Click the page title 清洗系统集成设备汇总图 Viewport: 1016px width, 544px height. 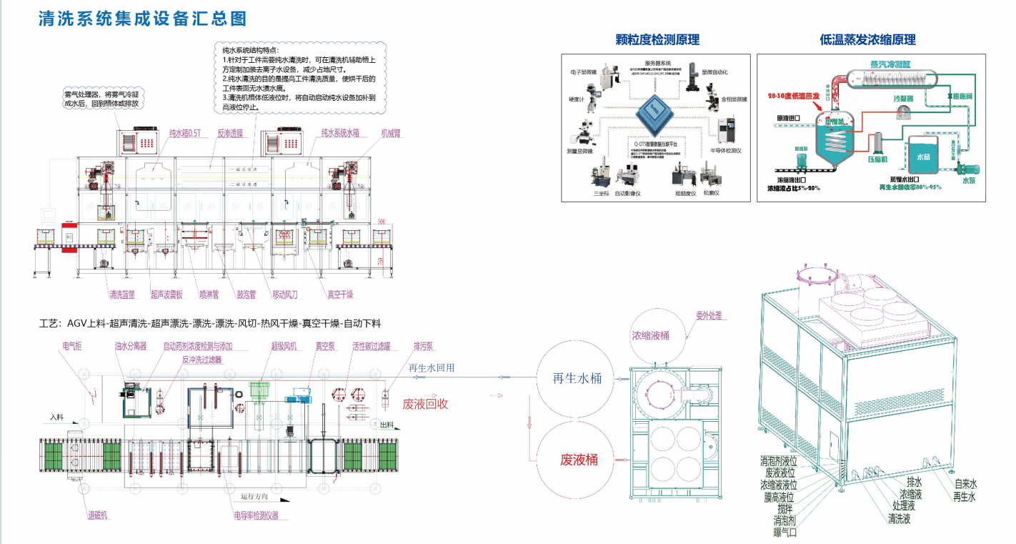click(x=143, y=18)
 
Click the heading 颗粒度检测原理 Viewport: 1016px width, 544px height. click(x=657, y=40)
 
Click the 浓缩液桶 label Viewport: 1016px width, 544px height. click(x=650, y=335)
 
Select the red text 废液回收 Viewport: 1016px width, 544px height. click(x=426, y=404)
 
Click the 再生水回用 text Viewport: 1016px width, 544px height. click(x=432, y=369)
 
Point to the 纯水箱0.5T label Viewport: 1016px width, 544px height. click(x=186, y=133)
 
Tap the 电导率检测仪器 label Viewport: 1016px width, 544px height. click(x=256, y=515)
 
